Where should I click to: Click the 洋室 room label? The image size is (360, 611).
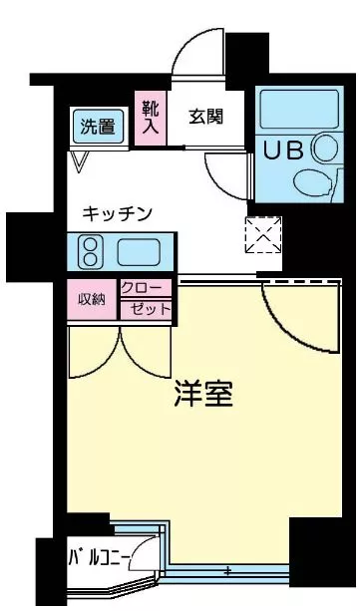[203, 394]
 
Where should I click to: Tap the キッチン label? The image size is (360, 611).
[118, 214]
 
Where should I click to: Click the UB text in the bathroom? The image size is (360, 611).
[283, 151]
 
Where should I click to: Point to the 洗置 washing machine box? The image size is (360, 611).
[99, 127]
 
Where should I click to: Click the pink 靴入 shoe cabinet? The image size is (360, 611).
[151, 118]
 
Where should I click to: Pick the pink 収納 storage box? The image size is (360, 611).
[92, 299]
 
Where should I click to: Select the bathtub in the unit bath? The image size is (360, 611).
[299, 110]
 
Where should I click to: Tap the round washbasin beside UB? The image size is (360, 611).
[326, 149]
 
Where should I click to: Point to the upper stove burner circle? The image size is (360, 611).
[90, 244]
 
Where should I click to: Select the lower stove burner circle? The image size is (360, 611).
[90, 260]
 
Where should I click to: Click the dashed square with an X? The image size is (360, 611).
[263, 235]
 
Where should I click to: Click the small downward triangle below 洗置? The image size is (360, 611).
[80, 160]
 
